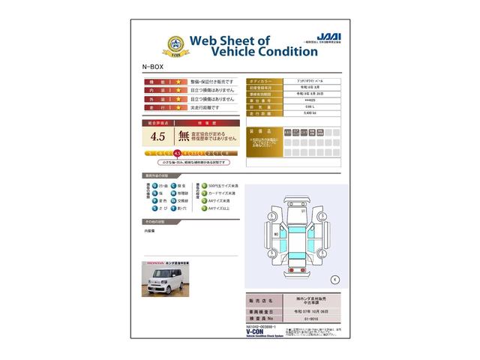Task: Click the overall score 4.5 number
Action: click(157, 136)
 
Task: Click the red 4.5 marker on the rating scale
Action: click(178, 153)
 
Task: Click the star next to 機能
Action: click(178, 80)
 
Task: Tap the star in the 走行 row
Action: click(178, 108)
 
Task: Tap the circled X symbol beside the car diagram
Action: click(334, 279)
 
